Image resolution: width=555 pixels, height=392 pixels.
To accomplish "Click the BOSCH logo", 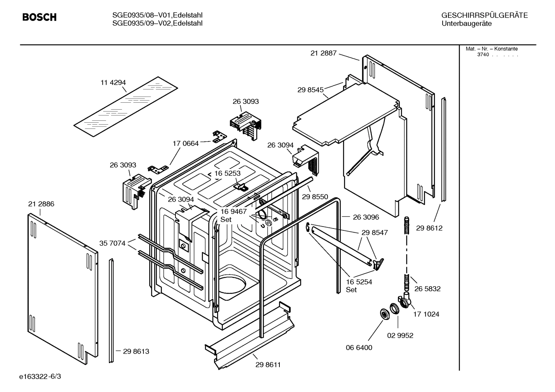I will [39, 17].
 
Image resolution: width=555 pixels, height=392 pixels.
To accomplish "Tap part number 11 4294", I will [113, 82].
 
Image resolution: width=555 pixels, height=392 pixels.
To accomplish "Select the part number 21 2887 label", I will [323, 53].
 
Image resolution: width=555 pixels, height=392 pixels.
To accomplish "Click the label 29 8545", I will [310, 90].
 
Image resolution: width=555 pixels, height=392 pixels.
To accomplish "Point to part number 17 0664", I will [186, 143].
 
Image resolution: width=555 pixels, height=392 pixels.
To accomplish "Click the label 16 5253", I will [227, 173].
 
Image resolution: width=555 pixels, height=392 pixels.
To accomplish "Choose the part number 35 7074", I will [112, 243].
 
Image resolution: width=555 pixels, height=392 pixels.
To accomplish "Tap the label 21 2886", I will [41, 204].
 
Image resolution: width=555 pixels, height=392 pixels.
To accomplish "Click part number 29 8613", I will [136, 351].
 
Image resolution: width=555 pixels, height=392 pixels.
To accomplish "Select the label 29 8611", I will [268, 365].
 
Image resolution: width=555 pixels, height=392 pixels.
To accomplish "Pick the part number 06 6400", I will [359, 347].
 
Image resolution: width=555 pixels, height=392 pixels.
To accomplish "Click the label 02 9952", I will [400, 335].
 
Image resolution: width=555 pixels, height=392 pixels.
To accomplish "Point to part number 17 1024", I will [426, 314].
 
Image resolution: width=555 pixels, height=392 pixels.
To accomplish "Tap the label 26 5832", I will [427, 289].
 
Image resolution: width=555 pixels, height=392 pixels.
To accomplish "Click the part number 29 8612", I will [429, 228].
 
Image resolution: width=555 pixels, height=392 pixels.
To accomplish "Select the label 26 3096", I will [366, 217].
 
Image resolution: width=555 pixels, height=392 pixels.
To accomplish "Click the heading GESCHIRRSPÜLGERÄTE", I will [484, 15].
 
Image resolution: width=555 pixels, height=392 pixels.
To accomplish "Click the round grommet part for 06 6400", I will [384, 314].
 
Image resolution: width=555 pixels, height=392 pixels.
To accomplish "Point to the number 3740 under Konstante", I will [483, 55].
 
